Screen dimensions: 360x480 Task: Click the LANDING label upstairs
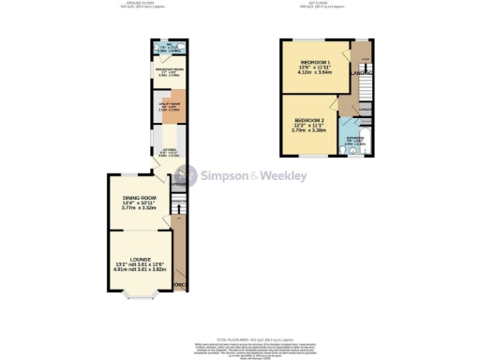(x=362, y=72)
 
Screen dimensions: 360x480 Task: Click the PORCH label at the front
(x=179, y=284)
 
